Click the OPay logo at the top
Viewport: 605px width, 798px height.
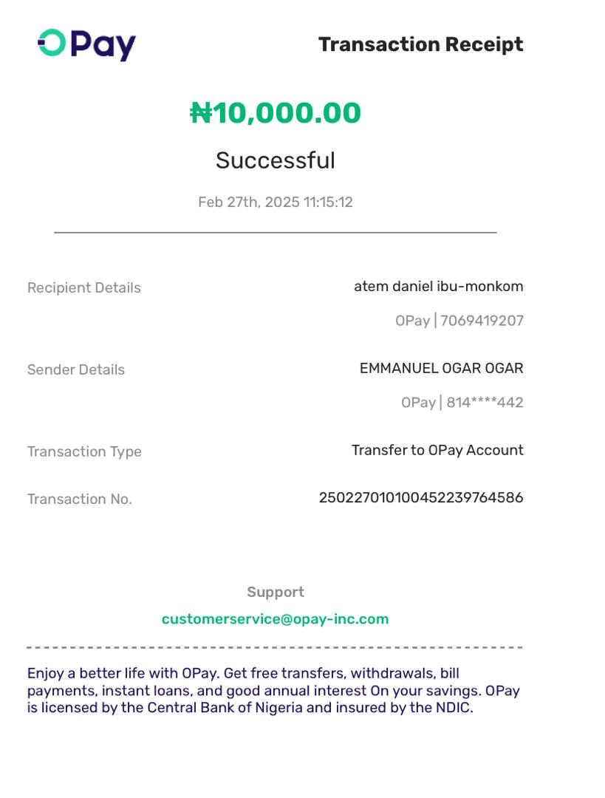(x=86, y=44)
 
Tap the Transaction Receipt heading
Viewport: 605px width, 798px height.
(x=420, y=44)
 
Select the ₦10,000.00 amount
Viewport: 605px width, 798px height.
(x=276, y=113)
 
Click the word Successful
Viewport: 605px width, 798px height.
(x=276, y=160)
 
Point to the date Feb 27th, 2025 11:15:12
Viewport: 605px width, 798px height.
(x=276, y=202)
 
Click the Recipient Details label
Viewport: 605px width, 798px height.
(x=83, y=287)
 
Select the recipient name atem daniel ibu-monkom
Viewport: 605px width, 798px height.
(x=438, y=286)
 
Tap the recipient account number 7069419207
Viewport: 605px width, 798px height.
(x=482, y=321)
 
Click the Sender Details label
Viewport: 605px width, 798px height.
(x=75, y=369)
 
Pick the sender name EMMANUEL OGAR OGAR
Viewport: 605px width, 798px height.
(x=441, y=368)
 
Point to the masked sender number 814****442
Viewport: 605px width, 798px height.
(x=485, y=403)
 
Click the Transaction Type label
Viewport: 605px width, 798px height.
(x=84, y=451)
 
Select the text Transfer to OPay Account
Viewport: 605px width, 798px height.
(x=437, y=450)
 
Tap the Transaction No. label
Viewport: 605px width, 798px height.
(x=79, y=499)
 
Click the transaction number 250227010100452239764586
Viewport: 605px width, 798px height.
(x=420, y=497)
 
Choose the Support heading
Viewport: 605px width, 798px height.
(x=276, y=592)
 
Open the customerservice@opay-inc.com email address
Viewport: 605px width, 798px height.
(x=276, y=619)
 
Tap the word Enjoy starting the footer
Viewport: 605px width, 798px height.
(x=46, y=673)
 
